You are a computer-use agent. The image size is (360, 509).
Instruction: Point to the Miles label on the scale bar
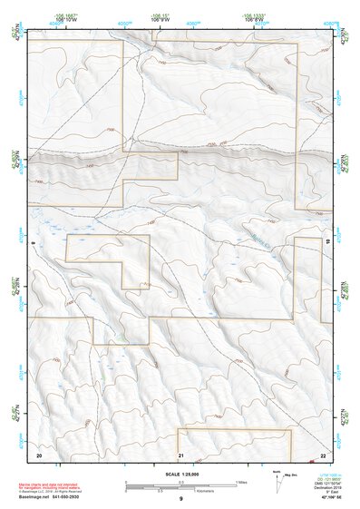point(240,481)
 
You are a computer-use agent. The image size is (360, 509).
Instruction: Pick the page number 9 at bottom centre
point(180,499)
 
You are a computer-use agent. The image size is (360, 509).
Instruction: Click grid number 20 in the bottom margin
point(39,453)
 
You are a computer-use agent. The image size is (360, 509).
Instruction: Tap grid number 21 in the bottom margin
point(180,453)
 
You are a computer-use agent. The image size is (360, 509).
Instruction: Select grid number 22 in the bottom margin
point(324,453)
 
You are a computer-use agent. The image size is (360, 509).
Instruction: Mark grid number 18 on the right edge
point(327,242)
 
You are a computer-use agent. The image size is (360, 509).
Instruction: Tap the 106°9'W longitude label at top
point(161,18)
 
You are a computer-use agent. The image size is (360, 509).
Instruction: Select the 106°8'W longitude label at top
point(258,18)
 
